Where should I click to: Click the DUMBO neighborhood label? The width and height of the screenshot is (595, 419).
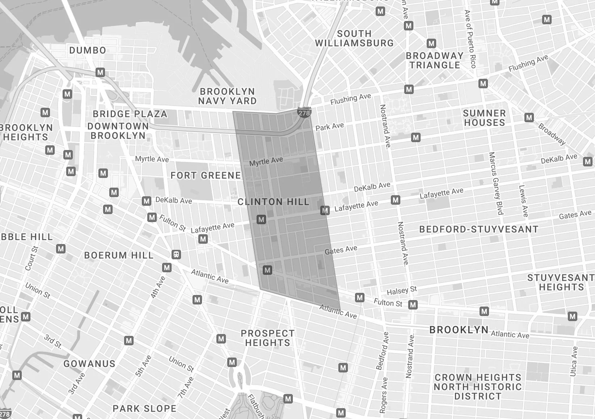point(88,50)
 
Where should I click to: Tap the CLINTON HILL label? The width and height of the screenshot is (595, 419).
point(273,202)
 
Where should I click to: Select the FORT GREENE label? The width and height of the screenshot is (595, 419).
point(206,175)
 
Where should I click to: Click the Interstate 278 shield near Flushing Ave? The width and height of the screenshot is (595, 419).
point(304,113)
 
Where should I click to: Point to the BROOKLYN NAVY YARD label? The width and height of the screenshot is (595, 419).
point(227,96)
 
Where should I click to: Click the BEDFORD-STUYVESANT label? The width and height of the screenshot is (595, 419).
point(478,229)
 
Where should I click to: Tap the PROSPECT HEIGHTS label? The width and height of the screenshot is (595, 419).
point(267,338)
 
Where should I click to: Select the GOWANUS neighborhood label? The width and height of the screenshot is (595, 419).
point(89,364)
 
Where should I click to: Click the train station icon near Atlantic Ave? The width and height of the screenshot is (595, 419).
point(176,254)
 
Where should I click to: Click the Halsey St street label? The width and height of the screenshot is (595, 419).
point(402,290)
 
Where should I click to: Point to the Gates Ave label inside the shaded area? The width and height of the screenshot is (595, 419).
point(341,250)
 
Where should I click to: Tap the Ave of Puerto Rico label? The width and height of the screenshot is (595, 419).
point(470,39)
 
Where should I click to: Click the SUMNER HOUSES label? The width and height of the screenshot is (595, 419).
point(484,118)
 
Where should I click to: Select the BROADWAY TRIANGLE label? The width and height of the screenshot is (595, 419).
point(434,60)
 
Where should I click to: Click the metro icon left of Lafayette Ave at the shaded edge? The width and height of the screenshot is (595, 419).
point(325,210)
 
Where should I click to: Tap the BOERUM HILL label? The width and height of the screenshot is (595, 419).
point(119,255)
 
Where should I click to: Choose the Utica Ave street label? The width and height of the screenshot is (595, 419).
point(574,361)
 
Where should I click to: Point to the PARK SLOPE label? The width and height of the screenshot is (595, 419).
point(144,409)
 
